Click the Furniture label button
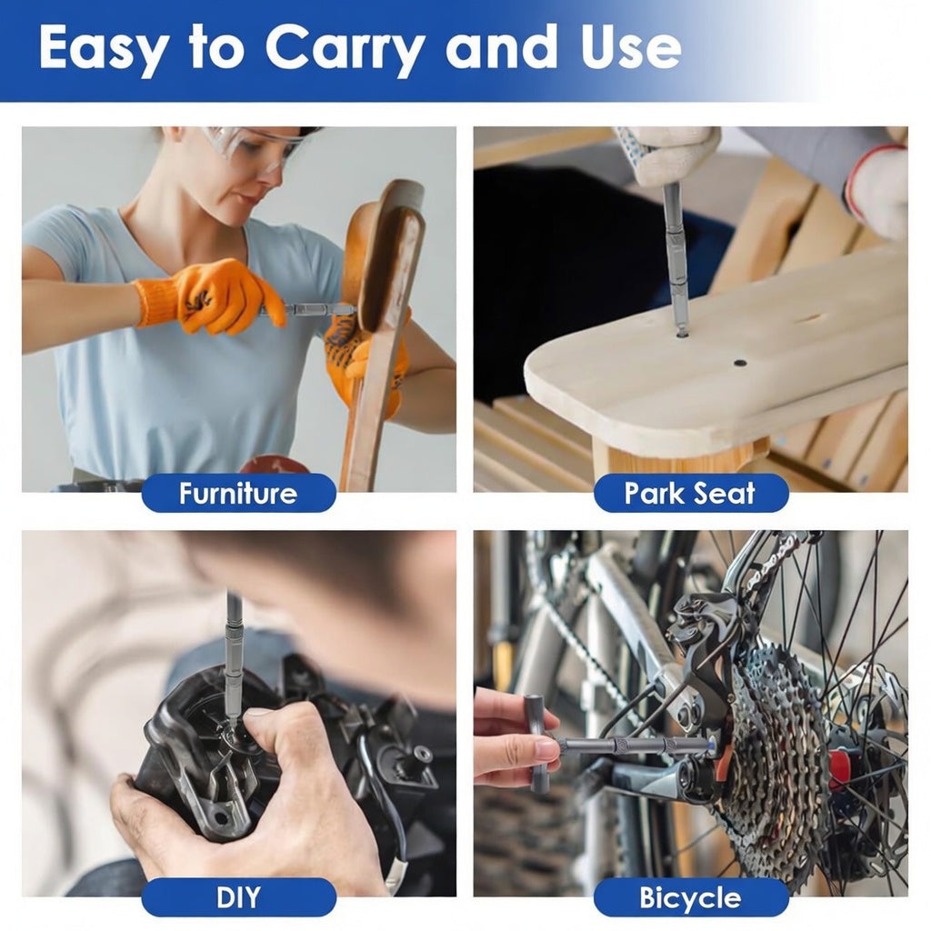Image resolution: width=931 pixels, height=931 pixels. (x=238, y=493)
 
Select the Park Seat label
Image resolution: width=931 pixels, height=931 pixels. (x=690, y=493)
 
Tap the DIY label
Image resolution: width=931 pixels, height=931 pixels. (x=238, y=897)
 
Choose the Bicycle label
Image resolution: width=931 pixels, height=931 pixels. (x=690, y=897)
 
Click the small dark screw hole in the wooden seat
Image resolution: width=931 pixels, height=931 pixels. (x=740, y=362)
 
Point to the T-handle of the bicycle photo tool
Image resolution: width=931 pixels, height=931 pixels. (x=536, y=741)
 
